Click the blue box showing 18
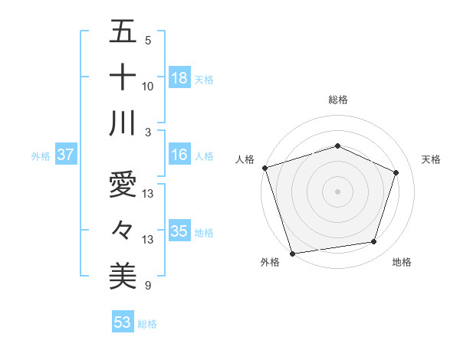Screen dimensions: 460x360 pos(179,77)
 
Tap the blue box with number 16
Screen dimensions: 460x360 pos(179,155)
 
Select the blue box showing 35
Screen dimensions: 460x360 pos(179,231)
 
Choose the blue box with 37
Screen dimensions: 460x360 pos(65,155)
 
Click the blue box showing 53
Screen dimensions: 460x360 pos(123,322)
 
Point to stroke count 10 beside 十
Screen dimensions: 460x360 pos(148,87)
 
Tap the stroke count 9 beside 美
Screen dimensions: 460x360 pos(148,286)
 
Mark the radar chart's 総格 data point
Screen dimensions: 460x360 pos(337,146)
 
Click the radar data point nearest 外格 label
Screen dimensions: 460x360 pos(292,253)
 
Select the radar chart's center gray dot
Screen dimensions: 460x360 pos(337,191)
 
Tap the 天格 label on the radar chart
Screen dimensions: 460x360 pos(432,159)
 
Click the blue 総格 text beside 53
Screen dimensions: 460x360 pos(147,324)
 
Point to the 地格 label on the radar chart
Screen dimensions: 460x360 pos(402,262)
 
